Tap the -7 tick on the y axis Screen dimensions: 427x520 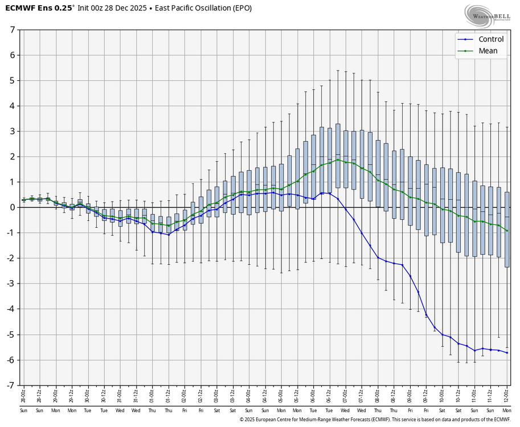(x=11, y=385)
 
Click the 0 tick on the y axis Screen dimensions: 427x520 (x=13, y=207)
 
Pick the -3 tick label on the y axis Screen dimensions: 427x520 (x=11, y=284)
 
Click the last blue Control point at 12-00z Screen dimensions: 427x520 (x=507, y=353)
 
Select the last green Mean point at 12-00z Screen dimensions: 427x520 (x=507, y=231)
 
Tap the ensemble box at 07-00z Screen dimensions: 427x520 (x=346, y=159)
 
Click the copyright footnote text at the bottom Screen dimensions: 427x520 (x=376, y=420)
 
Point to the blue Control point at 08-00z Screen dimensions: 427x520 (x=378, y=257)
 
